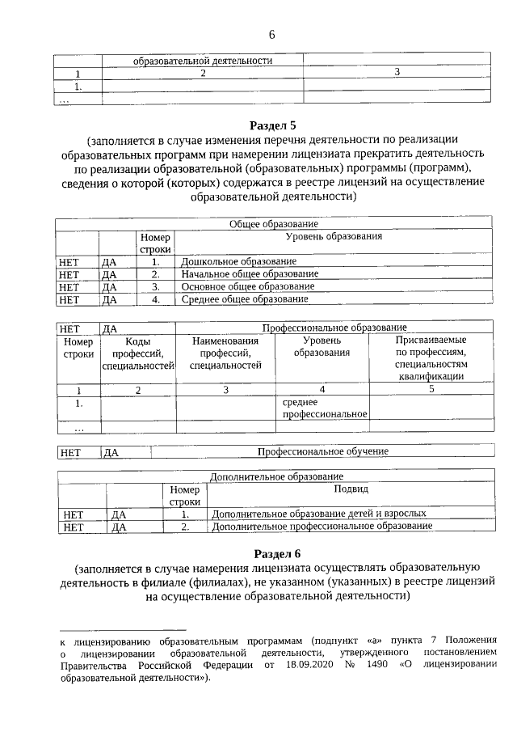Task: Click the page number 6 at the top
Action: pyautogui.click(x=272, y=34)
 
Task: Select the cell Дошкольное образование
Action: pyautogui.click(x=238, y=262)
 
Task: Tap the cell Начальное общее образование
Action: pyautogui.click(x=249, y=274)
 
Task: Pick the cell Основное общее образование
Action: pyautogui.click(x=247, y=286)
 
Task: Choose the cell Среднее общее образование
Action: pyautogui.click(x=245, y=299)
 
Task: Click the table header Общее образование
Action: pyautogui.click(x=273, y=224)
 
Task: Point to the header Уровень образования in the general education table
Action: pyautogui.click(x=333, y=236)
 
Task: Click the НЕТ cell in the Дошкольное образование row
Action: pyautogui.click(x=69, y=262)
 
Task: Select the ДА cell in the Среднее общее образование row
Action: pyautogui.click(x=110, y=299)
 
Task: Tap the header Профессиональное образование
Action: pyautogui.click(x=334, y=328)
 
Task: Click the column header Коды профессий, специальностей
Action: pyautogui.click(x=138, y=353)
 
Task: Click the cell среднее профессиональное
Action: pyautogui.click(x=323, y=408)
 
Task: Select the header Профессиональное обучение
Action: pyautogui.click(x=322, y=451)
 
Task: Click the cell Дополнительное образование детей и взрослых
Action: pyautogui.click(x=318, y=514)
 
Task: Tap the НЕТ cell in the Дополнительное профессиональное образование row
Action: pyautogui.click(x=74, y=527)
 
